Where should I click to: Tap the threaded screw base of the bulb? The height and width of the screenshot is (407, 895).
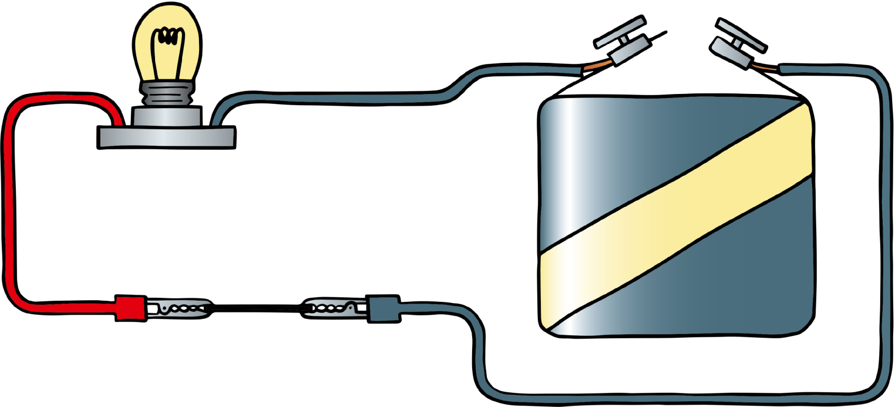tap(167, 94)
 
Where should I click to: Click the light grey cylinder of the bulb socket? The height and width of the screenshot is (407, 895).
tap(167, 116)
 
